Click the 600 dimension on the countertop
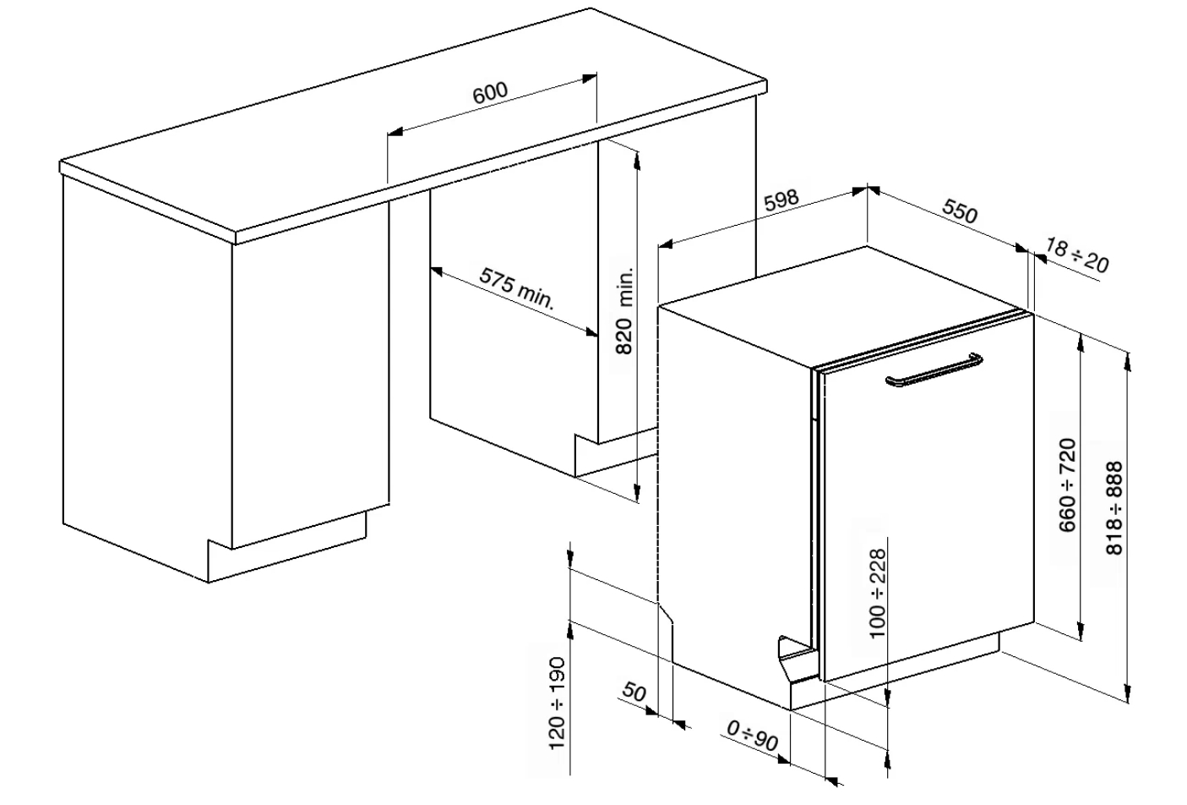(490, 93)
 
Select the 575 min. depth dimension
(517, 288)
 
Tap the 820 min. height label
(625, 310)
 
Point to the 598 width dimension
(781, 200)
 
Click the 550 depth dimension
(960, 211)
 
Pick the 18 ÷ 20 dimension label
(1077, 255)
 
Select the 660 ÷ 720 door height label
(1068, 485)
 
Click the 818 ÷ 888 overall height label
(1114, 508)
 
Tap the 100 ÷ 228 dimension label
(878, 594)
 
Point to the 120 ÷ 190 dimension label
(557, 704)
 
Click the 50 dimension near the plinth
(634, 692)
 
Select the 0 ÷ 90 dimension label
(753, 735)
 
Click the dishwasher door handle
(934, 369)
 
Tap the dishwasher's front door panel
(928, 499)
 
